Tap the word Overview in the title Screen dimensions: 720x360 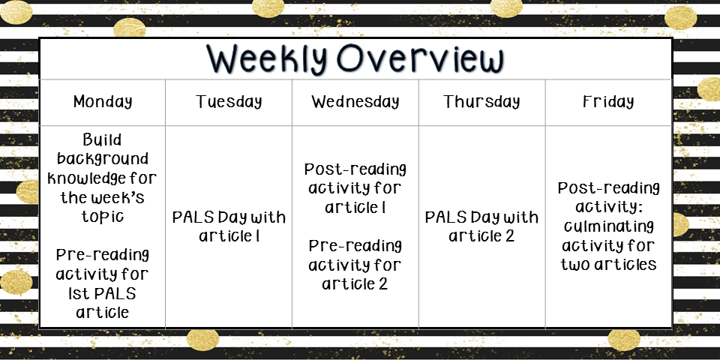pos(421,58)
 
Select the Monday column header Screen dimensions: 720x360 pos(103,101)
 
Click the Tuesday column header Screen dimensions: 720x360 pos(229,101)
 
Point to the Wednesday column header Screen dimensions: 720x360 pos(355,101)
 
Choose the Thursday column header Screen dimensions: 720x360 pos(481,101)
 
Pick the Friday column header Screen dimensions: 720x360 pos(608,101)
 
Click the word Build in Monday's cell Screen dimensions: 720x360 pos(102,139)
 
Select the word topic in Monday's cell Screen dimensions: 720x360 pos(103,216)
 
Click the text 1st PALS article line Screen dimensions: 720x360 pos(103,302)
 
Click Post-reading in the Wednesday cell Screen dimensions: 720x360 pos(355,169)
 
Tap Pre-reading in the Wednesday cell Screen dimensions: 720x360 pos(355,246)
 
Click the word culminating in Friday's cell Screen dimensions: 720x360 pos(608,226)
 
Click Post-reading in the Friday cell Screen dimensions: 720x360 pos(608,187)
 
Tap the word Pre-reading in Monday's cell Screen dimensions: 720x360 pos(103,254)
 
